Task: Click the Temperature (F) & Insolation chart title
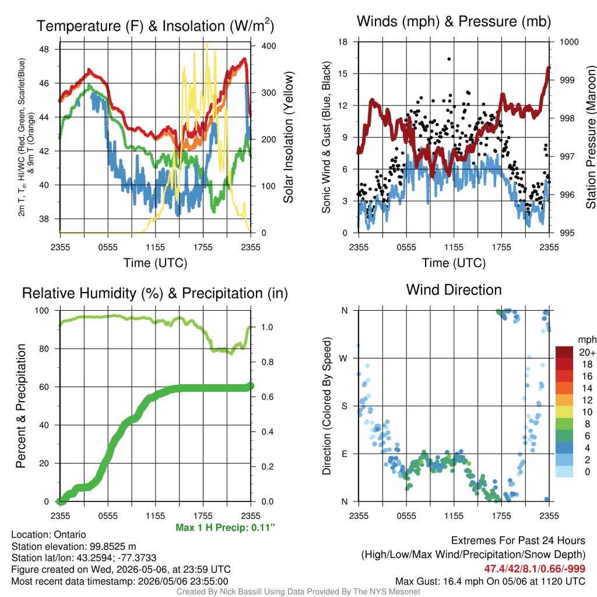[155, 26]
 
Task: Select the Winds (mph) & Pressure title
[454, 22]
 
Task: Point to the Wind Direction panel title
[454, 290]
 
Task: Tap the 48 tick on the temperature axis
[44, 49]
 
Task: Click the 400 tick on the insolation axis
[269, 45]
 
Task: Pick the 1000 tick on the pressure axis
[569, 42]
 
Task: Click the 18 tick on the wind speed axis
[343, 42]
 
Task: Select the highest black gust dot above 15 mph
[449, 59]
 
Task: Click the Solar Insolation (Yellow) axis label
[289, 137]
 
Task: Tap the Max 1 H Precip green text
[225, 527]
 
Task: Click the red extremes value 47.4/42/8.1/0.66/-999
[535, 568]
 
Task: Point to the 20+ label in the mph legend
[587, 352]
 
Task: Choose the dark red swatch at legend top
[564, 352]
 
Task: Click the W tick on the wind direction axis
[343, 359]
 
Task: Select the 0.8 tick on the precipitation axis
[267, 362]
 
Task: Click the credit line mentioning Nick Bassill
[298, 592]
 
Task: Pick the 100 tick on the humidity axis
[42, 310]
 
